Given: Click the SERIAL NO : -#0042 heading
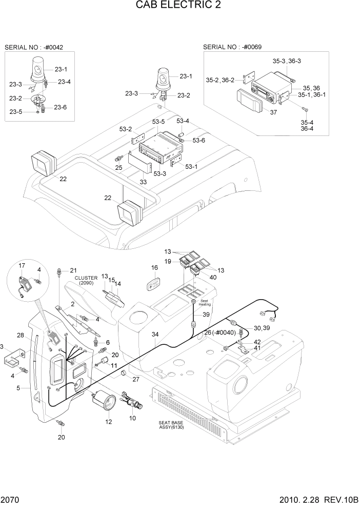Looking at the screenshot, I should [x=34, y=47].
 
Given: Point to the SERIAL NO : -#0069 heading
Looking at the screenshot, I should [x=232, y=47].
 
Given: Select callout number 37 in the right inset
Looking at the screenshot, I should [x=273, y=112].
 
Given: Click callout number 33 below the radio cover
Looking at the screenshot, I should [x=143, y=181].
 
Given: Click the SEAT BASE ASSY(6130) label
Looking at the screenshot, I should [x=171, y=425].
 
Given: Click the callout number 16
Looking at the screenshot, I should [x=154, y=268].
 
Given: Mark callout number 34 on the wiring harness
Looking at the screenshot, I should [x=154, y=335].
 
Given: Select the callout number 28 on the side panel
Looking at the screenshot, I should [x=20, y=336].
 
